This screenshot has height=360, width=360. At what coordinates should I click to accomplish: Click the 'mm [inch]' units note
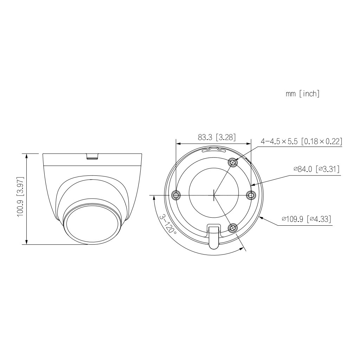coord(302,94)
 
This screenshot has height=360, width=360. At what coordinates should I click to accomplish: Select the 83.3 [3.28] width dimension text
coord(217,137)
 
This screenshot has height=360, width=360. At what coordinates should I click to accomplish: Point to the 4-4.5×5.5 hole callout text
coord(301,141)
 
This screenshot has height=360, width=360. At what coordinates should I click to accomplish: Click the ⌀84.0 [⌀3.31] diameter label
coord(316,169)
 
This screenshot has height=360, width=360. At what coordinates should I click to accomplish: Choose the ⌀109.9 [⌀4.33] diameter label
coord(306,219)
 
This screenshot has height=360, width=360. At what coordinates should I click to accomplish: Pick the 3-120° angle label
coord(167,224)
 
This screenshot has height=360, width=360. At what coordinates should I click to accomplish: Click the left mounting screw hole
coord(176,195)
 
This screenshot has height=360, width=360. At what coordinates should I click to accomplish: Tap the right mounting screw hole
coord(251,195)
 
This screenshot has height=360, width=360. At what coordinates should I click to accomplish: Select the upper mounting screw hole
coord(232,162)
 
